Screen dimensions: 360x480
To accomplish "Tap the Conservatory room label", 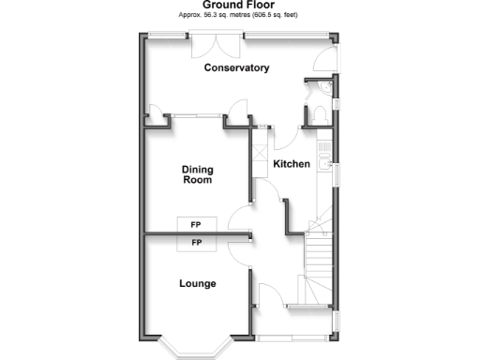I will (237, 67).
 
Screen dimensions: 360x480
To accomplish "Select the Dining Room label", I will (197, 174).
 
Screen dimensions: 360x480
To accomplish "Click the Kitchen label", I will (291, 164).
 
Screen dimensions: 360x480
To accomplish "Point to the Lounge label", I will (197, 283).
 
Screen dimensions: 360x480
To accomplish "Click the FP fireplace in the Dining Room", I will (196, 225).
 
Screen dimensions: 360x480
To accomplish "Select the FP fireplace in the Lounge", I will (196, 243).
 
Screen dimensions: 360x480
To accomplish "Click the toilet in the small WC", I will (317, 113).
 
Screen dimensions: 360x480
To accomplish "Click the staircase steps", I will (320, 253).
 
